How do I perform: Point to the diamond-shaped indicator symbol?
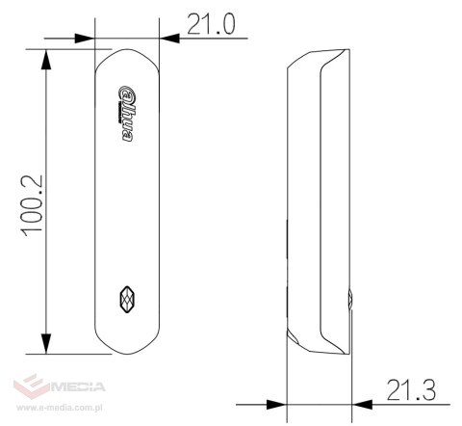[x=125, y=300]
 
